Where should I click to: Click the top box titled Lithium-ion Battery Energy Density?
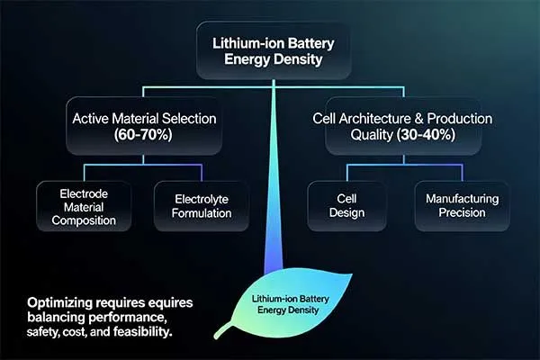click(x=269, y=53)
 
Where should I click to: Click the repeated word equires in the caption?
click(x=173, y=302)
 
